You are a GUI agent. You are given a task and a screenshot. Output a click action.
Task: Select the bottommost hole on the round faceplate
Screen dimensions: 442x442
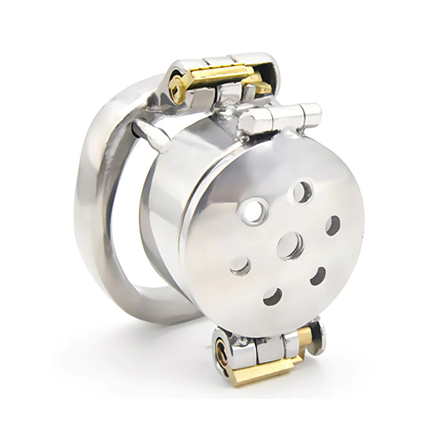pyautogui.click(x=272, y=296)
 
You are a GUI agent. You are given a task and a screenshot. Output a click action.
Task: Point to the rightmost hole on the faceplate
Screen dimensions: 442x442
pyautogui.click(x=332, y=225)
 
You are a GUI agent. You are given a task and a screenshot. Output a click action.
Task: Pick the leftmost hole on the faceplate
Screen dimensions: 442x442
pyautogui.click(x=240, y=265)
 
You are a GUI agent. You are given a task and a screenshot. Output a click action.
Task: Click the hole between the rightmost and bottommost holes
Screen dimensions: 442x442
pyautogui.click(x=317, y=276)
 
